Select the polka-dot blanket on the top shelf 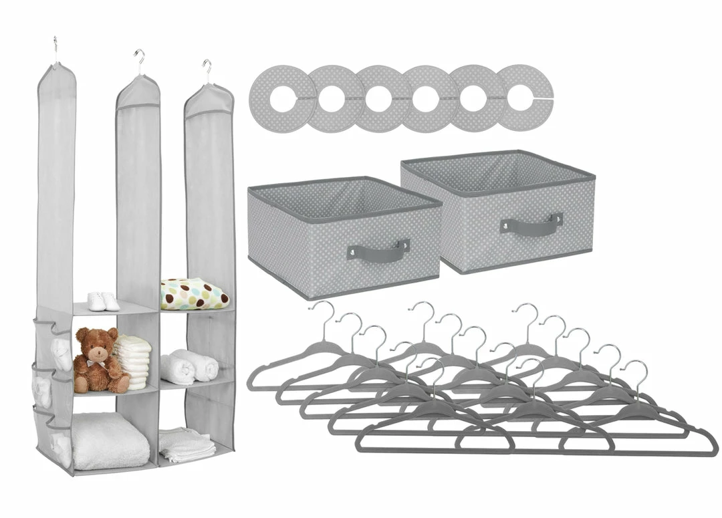[x=193, y=293]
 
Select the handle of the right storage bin [x=531, y=223]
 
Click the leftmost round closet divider [x=281, y=98]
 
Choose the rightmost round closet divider [x=524, y=98]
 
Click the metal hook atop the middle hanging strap [x=139, y=61]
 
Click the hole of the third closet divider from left [x=378, y=98]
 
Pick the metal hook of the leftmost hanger [x=326, y=314]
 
